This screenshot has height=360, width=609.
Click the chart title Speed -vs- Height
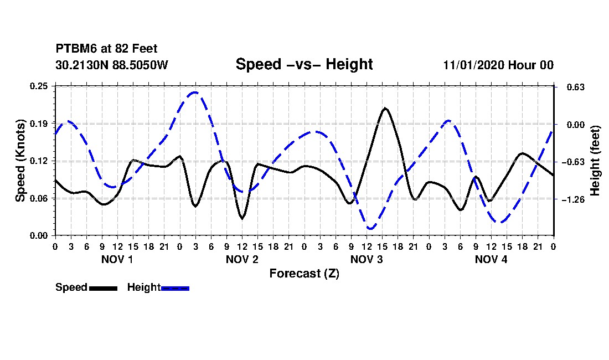[304, 64]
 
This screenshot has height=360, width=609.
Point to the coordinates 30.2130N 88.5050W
[112, 65]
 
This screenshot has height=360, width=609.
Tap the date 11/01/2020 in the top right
[474, 65]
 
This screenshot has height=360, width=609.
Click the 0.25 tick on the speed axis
[39, 86]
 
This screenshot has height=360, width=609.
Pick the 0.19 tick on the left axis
[39, 124]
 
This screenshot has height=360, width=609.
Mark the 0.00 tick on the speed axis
[39, 236]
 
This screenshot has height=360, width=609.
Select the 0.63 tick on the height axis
[576, 87]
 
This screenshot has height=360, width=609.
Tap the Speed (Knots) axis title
[20, 161]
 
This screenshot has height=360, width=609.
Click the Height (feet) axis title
[595, 161]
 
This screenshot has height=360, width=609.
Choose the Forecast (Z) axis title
[304, 274]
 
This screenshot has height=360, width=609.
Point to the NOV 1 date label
[117, 259]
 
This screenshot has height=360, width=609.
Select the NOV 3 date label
[367, 259]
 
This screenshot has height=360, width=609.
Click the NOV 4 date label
[491, 259]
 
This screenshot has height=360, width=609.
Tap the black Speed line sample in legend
[103, 288]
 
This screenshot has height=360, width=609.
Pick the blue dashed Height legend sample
[175, 288]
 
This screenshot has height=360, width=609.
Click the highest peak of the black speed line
[385, 109]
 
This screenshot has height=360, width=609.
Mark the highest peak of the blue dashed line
[195, 92]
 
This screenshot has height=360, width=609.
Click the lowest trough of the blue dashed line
[370, 228]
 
